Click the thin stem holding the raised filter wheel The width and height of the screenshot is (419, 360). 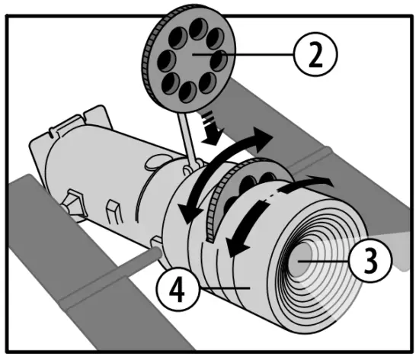tap(183, 133)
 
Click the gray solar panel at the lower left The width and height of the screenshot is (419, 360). tap(46, 229)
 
